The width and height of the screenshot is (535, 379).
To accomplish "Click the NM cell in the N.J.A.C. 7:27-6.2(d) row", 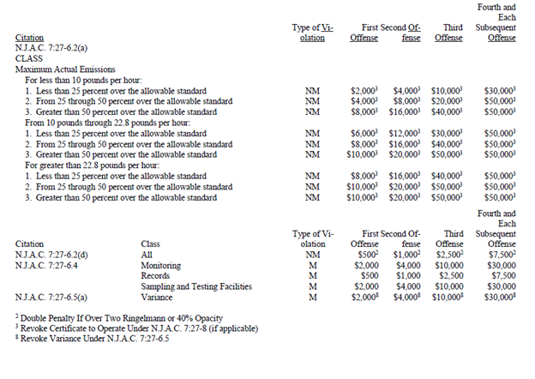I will (x=312, y=255).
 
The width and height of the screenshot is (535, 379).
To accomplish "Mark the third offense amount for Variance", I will (x=449, y=298).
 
